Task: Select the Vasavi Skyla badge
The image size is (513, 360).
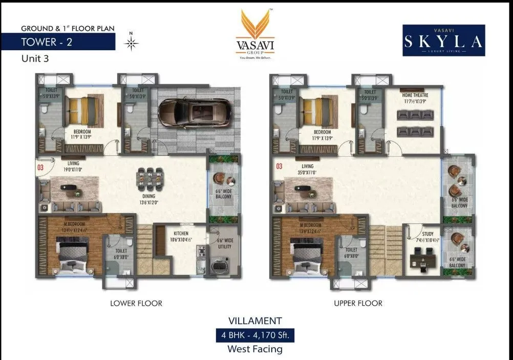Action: pyautogui.click(x=443, y=40)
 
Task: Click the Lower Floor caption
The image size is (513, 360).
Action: pyautogui.click(x=136, y=303)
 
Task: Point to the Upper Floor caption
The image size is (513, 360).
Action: pyautogui.click(x=358, y=303)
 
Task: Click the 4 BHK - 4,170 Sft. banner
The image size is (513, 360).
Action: pyautogui.click(x=255, y=336)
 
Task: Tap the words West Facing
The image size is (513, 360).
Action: pyautogui.click(x=255, y=349)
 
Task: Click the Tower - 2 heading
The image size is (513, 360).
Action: pyautogui.click(x=47, y=42)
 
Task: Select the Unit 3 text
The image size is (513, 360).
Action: pyautogui.click(x=35, y=58)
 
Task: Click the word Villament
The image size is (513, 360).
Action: pyautogui.click(x=255, y=321)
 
